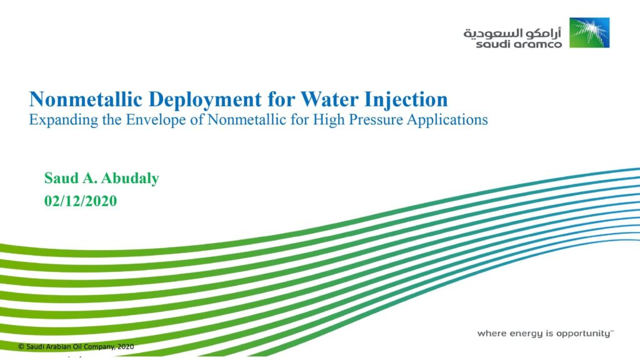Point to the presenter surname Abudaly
click(x=130, y=179)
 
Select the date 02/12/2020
click(x=81, y=201)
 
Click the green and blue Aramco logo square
click(x=589, y=32)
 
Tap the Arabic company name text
click(x=512, y=33)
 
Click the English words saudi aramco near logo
click(x=519, y=44)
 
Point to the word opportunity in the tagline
click(x=584, y=334)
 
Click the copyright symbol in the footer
click(x=21, y=346)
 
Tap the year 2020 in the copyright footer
click(x=126, y=346)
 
